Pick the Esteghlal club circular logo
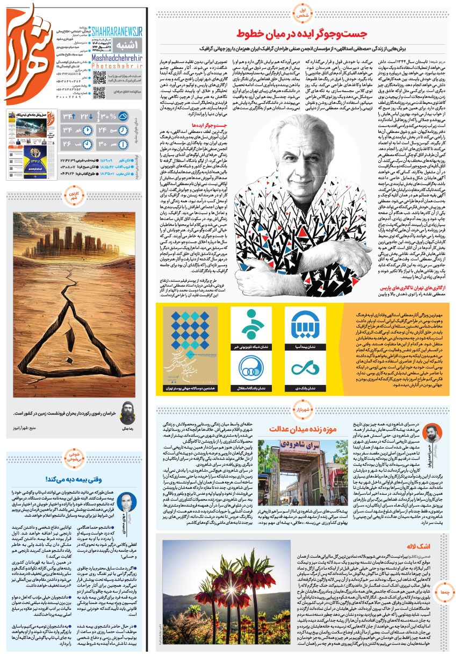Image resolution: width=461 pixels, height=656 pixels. coord(249,369)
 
